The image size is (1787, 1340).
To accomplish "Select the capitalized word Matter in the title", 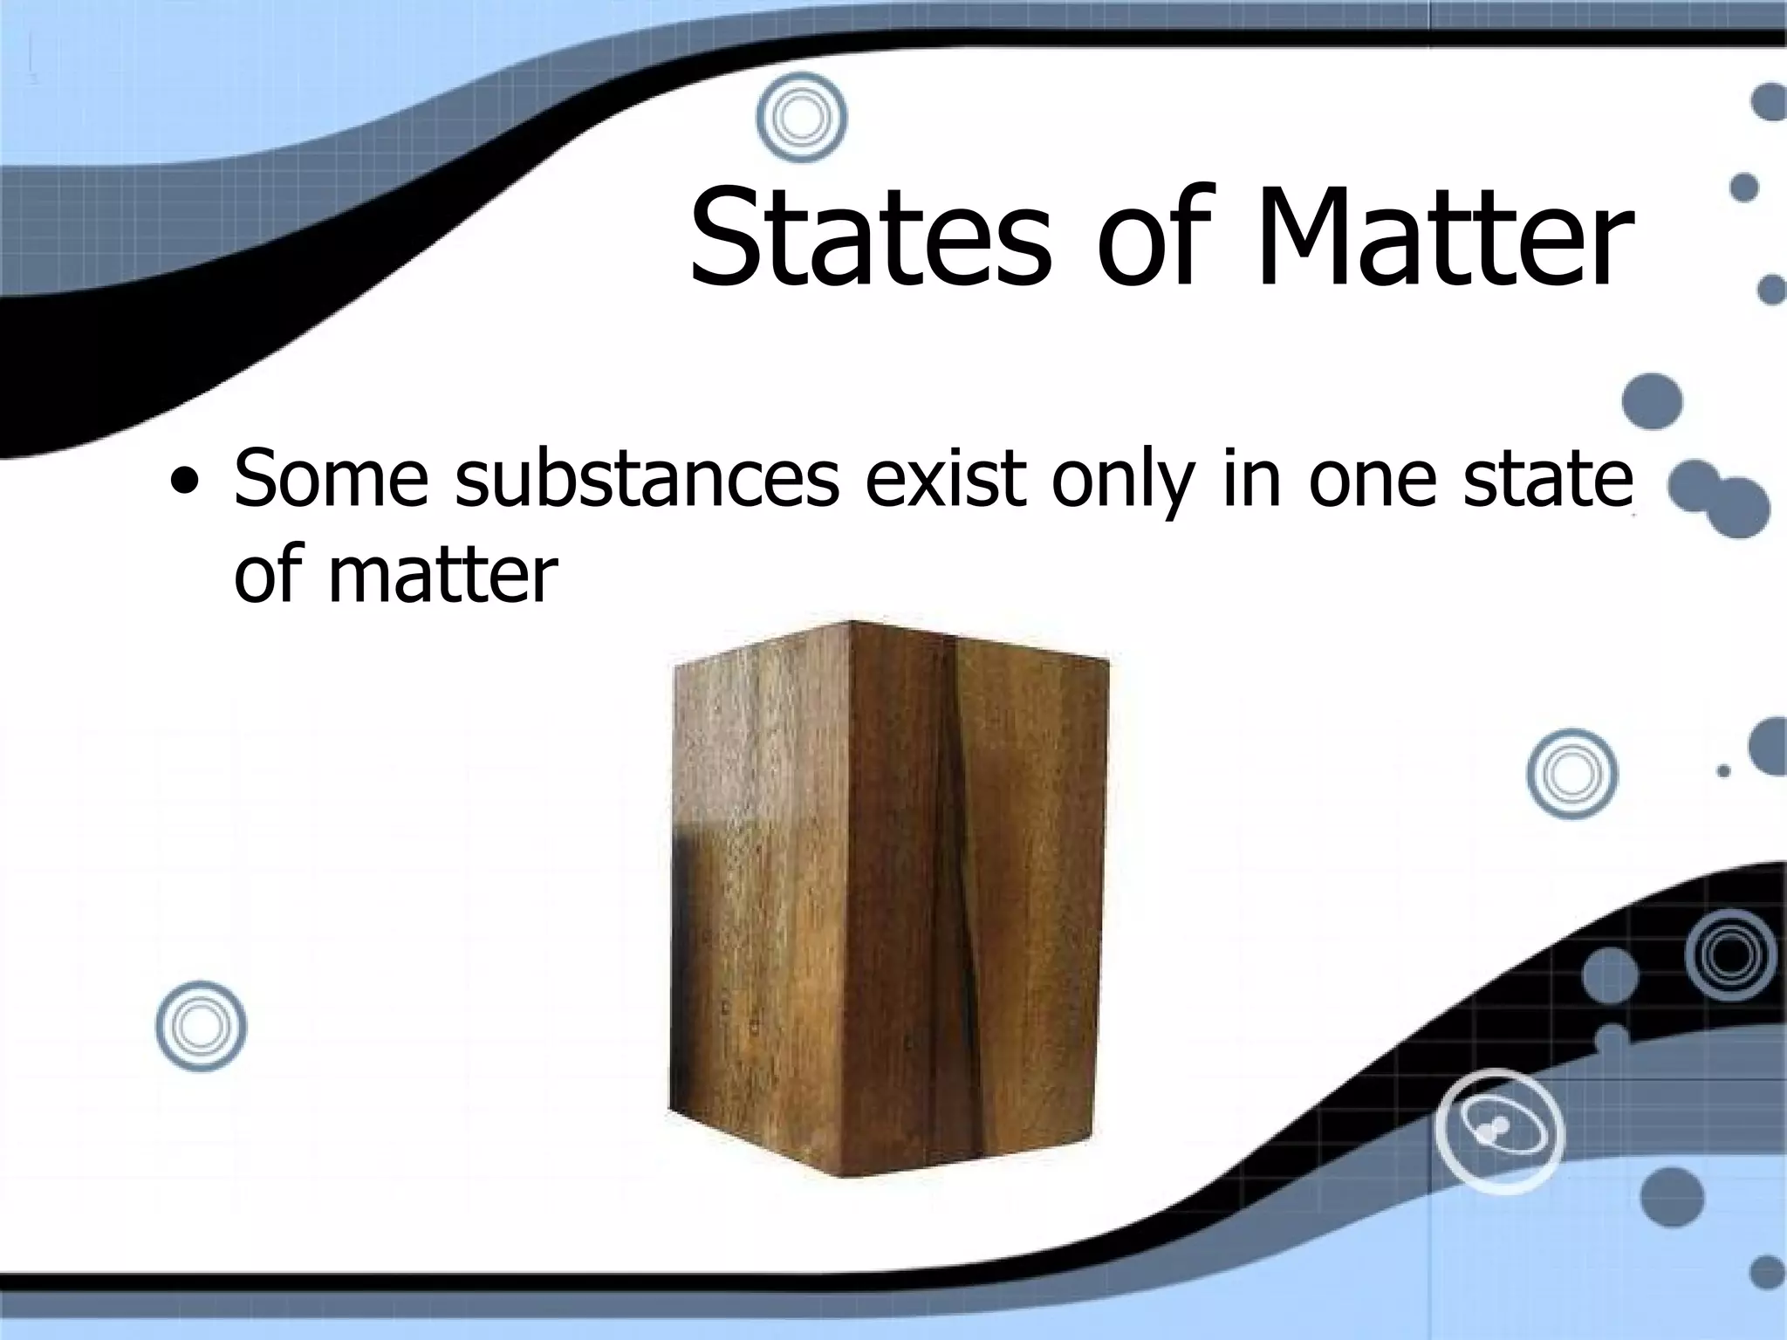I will click(x=1443, y=237).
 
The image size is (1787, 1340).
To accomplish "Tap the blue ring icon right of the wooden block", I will click(x=1571, y=773).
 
